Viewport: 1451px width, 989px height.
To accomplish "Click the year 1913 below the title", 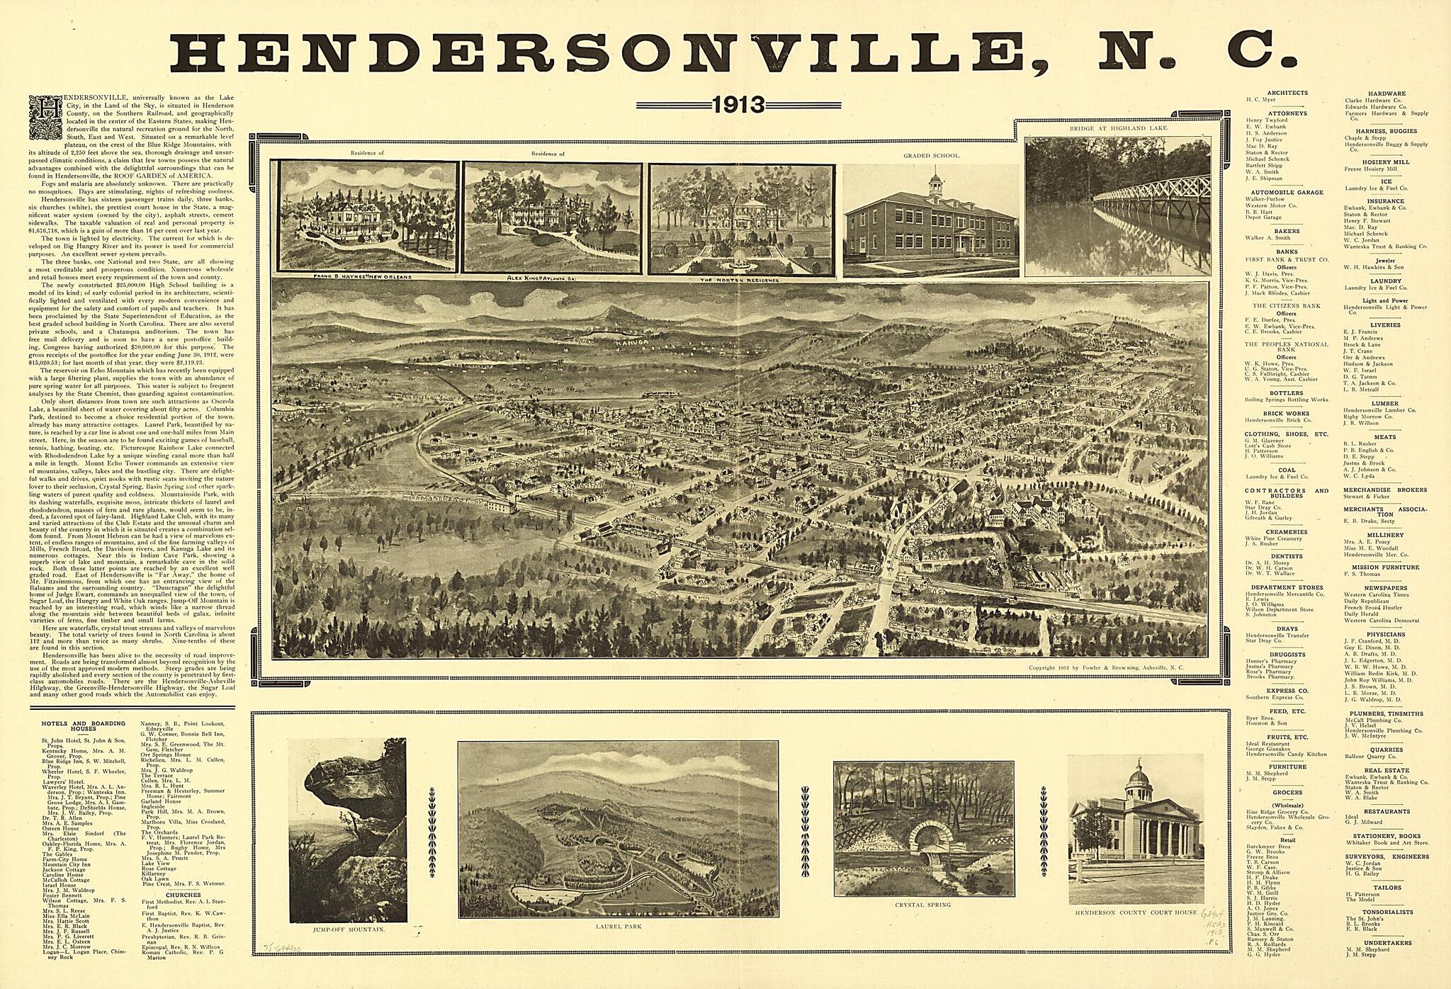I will coord(738,106).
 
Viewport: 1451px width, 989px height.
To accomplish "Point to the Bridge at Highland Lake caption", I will coord(1119,128).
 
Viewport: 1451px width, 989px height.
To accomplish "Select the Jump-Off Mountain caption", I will coord(348,928).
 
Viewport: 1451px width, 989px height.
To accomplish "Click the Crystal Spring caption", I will coord(922,905).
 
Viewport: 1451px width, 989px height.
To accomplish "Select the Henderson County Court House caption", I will coord(1136,912).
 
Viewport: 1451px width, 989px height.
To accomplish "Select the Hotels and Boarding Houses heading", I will coord(83,726).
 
